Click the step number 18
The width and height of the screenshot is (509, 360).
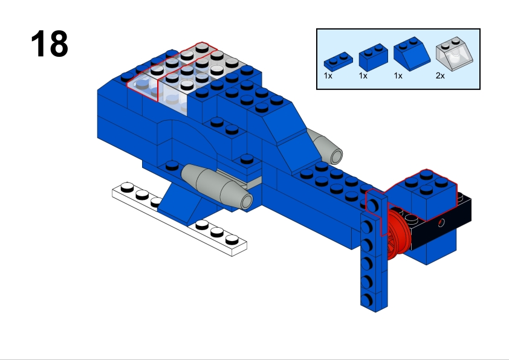50,43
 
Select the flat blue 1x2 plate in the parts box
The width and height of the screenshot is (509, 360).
339,61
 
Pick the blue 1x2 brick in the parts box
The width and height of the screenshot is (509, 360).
374,57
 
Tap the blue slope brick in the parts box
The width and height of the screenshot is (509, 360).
412,54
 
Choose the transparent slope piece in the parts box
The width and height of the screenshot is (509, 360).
454,54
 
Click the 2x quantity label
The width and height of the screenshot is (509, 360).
440,76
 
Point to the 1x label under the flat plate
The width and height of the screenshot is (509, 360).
328,76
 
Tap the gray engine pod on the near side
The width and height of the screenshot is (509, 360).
216,186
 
